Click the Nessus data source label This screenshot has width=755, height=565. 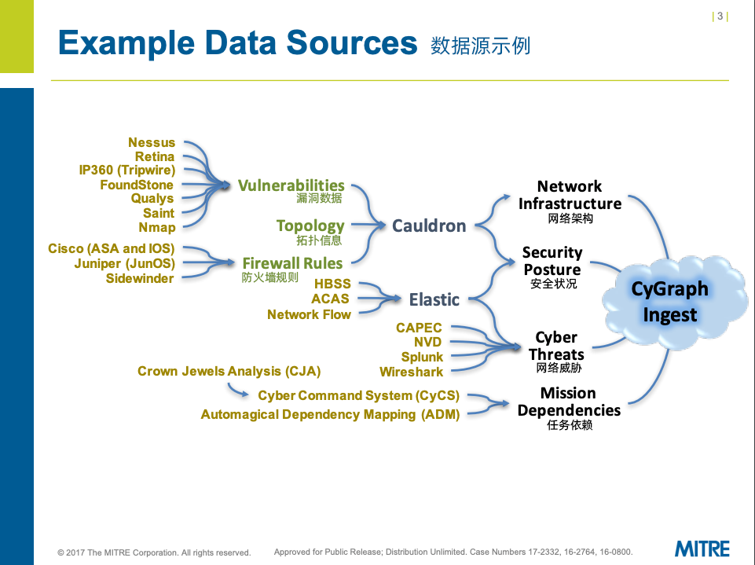tap(152, 142)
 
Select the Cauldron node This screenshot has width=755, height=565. tap(429, 226)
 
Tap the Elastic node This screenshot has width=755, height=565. tap(434, 299)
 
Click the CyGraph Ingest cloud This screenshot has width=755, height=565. tap(670, 302)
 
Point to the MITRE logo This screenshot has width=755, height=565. tap(702, 548)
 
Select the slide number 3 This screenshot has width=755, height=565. tap(720, 17)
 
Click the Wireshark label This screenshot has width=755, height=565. tap(411, 372)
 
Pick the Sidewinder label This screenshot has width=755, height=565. tap(140, 278)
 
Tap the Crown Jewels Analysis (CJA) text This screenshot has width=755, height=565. tap(229, 371)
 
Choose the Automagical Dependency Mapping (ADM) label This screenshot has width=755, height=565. tap(330, 414)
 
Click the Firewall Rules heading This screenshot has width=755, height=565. tap(292, 263)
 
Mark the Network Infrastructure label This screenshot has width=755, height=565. tap(570, 195)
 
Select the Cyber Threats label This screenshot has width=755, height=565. tap(556, 346)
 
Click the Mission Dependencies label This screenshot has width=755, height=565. tap(569, 402)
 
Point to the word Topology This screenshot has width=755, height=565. tap(310, 226)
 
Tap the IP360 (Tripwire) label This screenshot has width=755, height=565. tap(126, 171)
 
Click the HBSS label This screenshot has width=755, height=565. tap(332, 284)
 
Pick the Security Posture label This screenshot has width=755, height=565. tap(552, 261)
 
